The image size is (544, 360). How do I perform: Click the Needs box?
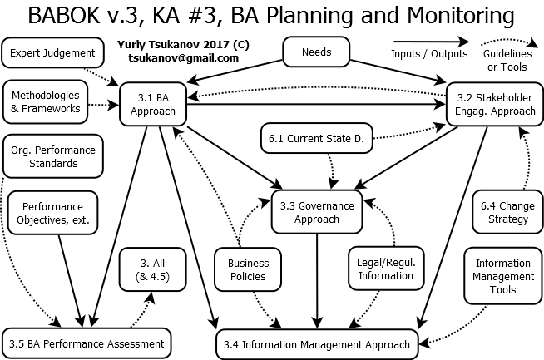(316, 52)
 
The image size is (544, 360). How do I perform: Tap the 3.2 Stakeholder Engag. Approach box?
(491, 103)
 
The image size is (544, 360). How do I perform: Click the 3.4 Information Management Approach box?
(315, 343)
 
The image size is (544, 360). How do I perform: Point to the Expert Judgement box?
(53, 53)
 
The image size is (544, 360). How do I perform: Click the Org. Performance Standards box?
(52, 156)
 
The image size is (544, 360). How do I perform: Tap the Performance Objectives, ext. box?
(52, 213)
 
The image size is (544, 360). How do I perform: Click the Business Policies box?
(248, 270)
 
